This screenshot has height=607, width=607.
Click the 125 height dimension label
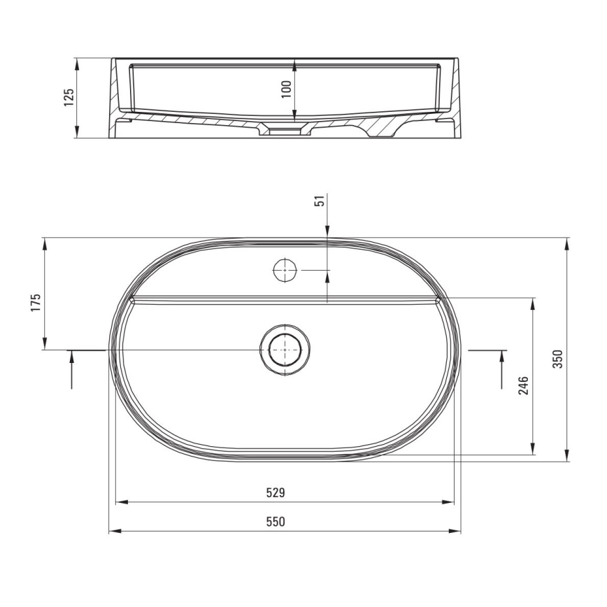coord(69,97)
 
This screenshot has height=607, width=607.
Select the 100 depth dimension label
coord(286,89)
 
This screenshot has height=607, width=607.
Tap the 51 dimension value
coord(320,201)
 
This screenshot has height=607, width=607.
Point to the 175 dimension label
coord(36,302)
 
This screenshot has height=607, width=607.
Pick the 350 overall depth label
coord(557,358)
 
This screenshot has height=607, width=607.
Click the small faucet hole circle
coord(285,270)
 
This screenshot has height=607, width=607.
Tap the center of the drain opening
coord(284,349)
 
